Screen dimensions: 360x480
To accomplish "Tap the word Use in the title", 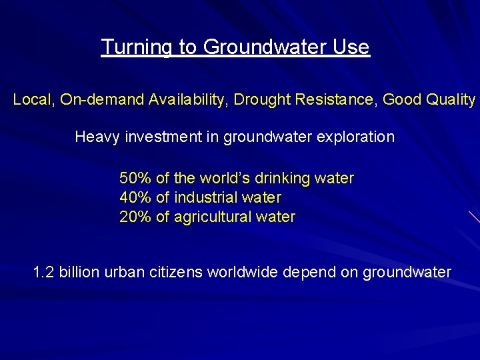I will pos(353,47).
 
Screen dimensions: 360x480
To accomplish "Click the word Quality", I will pos(451,100).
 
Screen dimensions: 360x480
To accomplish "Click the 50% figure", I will pos(135,179).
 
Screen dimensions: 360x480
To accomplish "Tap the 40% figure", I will pos(135,198).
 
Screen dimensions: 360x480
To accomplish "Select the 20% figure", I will pos(135,217).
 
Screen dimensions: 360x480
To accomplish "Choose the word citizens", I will pos(179,273).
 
